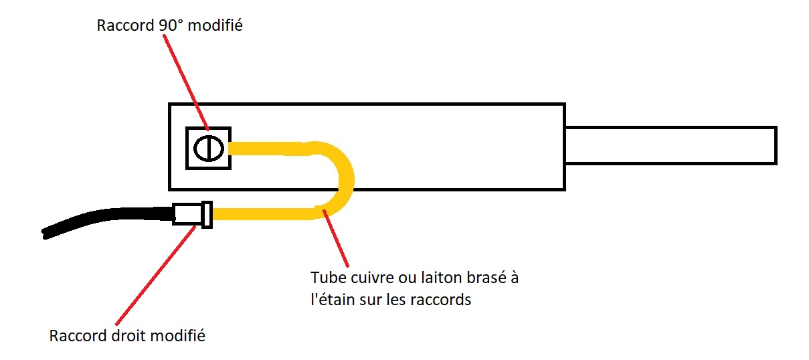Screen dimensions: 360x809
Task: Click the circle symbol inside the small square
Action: (207, 147)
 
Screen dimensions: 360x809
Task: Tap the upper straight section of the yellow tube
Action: (268, 148)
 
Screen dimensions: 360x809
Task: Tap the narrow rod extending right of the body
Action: (669, 145)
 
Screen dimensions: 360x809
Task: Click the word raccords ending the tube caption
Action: (446, 299)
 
